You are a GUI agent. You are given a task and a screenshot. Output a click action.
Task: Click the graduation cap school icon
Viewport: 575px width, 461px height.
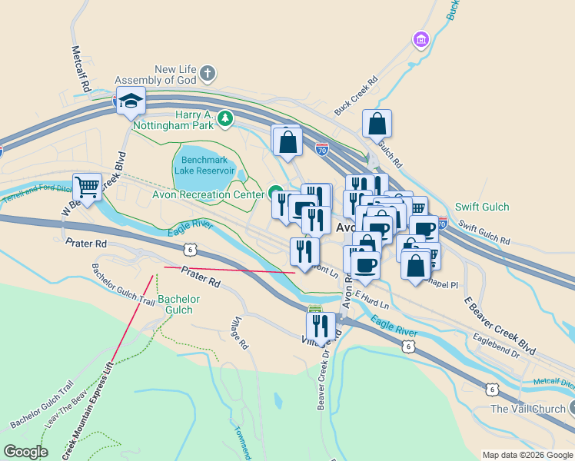(131, 101)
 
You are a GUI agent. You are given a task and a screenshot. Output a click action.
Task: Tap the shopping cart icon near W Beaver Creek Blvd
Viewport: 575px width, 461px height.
(87, 187)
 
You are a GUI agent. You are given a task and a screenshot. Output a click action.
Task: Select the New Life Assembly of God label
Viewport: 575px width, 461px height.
(155, 75)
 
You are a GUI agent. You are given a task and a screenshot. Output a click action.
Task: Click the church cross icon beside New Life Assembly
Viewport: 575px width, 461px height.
(207, 75)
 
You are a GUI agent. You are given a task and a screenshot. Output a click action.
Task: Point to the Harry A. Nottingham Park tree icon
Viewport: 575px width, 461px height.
(224, 118)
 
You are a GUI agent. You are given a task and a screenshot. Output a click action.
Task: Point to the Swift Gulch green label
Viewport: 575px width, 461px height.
(481, 207)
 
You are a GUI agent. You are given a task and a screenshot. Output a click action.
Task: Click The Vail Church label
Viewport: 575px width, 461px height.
(527, 409)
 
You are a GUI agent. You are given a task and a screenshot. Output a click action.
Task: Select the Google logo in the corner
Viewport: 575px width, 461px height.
(26, 452)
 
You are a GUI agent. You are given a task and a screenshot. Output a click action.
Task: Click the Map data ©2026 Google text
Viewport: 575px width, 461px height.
(527, 455)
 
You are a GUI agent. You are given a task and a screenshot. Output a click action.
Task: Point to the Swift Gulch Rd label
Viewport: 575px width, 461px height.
(484, 234)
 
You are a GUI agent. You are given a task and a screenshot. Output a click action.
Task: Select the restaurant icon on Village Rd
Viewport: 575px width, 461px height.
(321, 326)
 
